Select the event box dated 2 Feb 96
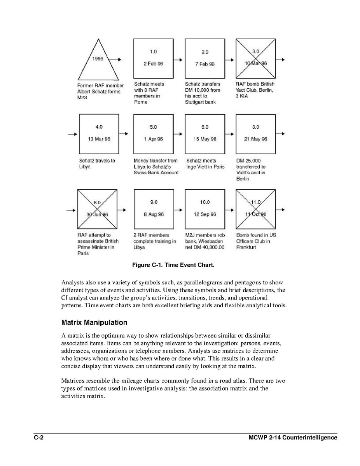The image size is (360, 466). [x=153, y=58]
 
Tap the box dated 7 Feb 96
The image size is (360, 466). [x=205, y=58]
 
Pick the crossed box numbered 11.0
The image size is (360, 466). [x=255, y=209]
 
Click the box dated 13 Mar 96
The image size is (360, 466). [x=99, y=133]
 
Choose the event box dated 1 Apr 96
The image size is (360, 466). [x=153, y=133]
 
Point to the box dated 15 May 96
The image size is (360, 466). [x=205, y=133]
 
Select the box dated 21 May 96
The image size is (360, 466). [x=255, y=133]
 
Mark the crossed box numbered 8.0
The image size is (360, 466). [x=97, y=209]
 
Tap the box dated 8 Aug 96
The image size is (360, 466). [x=153, y=209]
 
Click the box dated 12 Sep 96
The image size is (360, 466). [x=205, y=209]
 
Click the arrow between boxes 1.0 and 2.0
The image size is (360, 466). [x=178, y=60]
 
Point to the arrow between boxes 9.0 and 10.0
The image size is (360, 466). [x=178, y=210]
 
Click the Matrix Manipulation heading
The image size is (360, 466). [x=94, y=322]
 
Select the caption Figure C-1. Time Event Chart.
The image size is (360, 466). [x=173, y=265]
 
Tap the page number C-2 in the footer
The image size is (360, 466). [x=38, y=438]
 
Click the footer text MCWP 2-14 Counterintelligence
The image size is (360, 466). [x=293, y=438]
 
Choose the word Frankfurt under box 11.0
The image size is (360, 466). [x=246, y=247]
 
